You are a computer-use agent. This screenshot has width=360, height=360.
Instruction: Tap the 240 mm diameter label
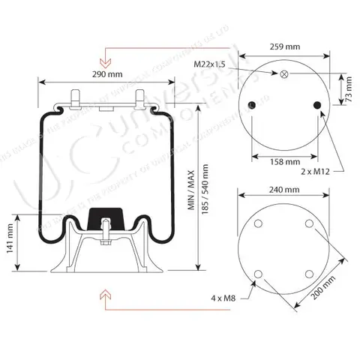[x=283, y=190]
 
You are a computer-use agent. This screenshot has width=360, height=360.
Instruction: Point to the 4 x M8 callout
[x=224, y=298]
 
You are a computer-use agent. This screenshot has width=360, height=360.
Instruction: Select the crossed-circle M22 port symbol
[x=283, y=74]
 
